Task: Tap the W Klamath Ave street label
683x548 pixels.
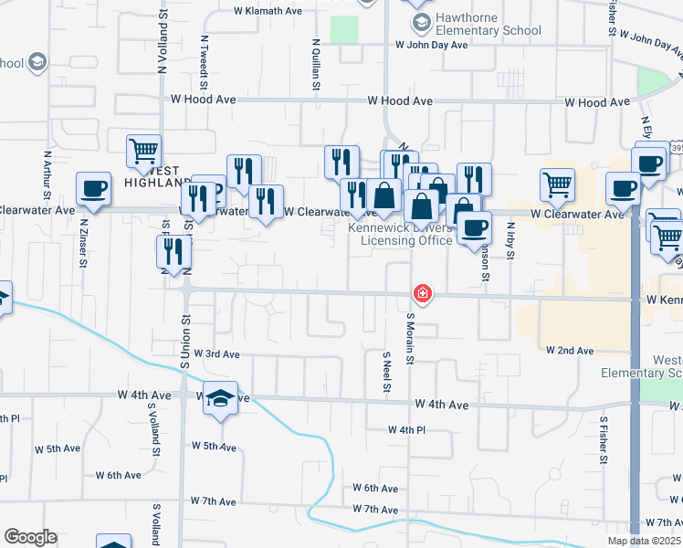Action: tap(268, 12)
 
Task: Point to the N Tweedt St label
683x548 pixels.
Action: tap(205, 59)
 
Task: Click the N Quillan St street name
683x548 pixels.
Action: tap(316, 64)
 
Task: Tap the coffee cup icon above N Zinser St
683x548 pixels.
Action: tap(94, 189)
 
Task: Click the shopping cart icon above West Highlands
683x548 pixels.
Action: tap(144, 151)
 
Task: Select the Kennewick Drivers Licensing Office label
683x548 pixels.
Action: tap(406, 235)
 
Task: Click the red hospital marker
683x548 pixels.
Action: tap(423, 293)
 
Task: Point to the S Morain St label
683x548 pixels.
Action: tap(411, 337)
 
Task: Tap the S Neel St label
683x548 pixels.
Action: tap(387, 372)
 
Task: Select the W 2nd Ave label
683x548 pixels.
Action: tap(570, 350)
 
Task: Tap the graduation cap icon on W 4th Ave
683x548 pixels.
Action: tap(220, 398)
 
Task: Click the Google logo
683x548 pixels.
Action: tap(30, 537)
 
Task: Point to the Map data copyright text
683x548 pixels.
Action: tap(645, 541)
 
